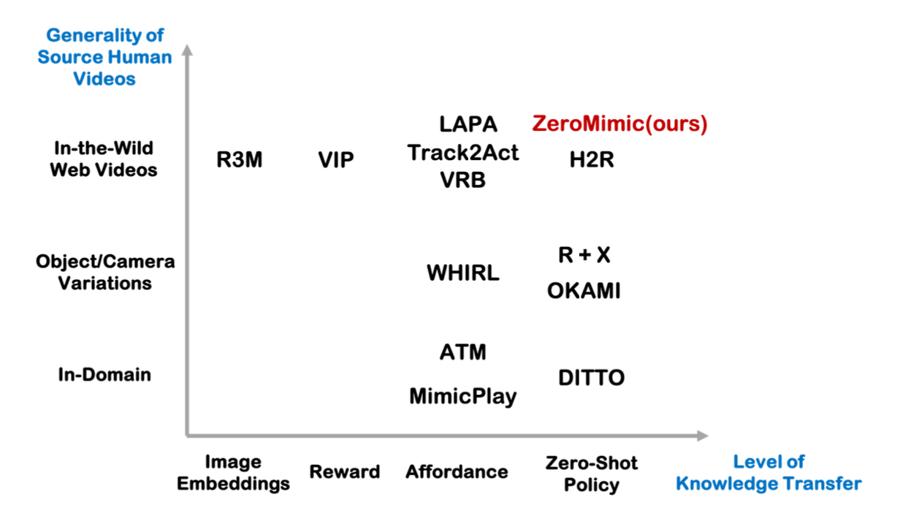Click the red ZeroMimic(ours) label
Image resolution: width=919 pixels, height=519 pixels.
coord(619,124)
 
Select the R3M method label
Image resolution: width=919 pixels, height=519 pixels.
coord(239,160)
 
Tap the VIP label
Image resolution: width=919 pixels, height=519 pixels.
coord(336,160)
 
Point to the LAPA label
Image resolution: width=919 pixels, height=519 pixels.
coord(468,124)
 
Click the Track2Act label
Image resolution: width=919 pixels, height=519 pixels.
coord(463,153)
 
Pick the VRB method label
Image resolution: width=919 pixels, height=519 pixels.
coord(463,181)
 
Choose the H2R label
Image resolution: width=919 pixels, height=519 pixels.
coord(592,160)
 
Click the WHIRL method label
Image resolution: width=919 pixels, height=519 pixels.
coord(463,273)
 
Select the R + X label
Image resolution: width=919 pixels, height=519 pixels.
coord(584,255)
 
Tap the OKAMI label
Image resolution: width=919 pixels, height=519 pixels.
coord(584,291)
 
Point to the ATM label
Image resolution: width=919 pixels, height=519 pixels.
coord(463,352)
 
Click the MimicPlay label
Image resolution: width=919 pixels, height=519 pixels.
coord(463,396)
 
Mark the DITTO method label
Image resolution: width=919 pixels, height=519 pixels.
coord(592,378)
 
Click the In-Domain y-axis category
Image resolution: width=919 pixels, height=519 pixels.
coord(104,375)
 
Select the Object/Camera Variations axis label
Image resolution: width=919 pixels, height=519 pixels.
coord(105,273)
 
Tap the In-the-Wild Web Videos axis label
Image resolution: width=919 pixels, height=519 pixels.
coord(104,159)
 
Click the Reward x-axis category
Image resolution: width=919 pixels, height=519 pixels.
coord(345,472)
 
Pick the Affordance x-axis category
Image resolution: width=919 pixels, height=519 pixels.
coord(457,472)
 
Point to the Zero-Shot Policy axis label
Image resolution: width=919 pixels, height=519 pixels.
coord(592,473)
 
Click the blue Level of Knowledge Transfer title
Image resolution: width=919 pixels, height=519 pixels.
coord(769,472)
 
